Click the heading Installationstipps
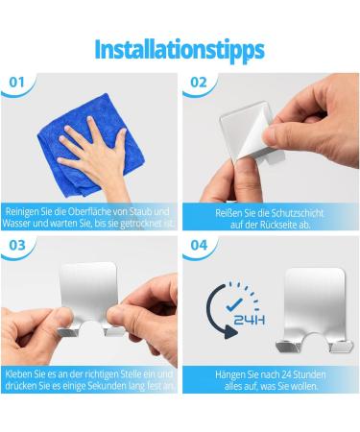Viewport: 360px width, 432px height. (x=180, y=50)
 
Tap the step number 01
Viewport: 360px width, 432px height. (x=16, y=83)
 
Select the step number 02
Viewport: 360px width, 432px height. (x=199, y=83)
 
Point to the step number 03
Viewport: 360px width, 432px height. (x=17, y=246)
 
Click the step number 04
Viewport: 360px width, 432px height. (x=199, y=246)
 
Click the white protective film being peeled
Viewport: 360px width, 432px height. (x=252, y=134)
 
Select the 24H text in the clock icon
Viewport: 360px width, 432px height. (x=250, y=320)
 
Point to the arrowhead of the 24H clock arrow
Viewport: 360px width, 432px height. (x=230, y=332)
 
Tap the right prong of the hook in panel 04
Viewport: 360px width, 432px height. (x=342, y=347)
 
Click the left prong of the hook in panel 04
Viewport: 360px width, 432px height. (x=288, y=347)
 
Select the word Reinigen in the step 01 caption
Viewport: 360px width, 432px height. (x=21, y=212)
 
